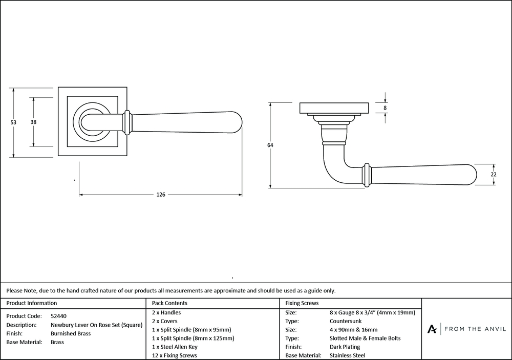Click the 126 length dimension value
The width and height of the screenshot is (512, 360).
(161, 195)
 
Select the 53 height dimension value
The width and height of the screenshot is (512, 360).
(13, 122)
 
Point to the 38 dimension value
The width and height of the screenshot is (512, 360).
(33, 122)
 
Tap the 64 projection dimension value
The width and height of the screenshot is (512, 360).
(270, 145)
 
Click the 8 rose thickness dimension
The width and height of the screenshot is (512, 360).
(385, 108)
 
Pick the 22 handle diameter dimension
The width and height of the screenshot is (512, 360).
(493, 174)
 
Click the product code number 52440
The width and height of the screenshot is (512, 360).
(59, 316)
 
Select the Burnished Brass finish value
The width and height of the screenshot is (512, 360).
(71, 333)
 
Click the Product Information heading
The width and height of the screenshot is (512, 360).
(31, 303)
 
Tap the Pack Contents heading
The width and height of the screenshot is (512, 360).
(169, 303)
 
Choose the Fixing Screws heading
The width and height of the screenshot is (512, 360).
(302, 303)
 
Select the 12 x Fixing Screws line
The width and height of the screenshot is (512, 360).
(175, 355)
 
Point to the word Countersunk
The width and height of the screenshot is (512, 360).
(347, 321)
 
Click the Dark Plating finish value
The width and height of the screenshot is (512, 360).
(346, 347)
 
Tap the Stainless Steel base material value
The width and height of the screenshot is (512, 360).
(348, 355)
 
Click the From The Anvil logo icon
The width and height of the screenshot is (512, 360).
(433, 329)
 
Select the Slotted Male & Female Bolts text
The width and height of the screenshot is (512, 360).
(366, 338)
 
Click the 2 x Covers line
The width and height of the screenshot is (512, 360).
(165, 321)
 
